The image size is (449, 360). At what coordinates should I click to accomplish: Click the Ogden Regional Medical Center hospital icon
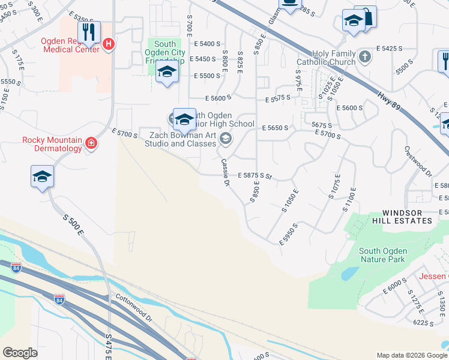pyautogui.click(x=109, y=44)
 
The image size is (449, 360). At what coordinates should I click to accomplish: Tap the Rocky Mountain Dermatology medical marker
pyautogui.click(x=91, y=143)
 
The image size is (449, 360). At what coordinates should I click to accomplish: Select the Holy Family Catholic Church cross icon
pyautogui.click(x=365, y=57)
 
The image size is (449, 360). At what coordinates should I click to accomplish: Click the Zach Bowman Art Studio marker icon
pyautogui.click(x=226, y=139)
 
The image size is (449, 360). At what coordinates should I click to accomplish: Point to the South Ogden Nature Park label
pyautogui.click(x=383, y=255)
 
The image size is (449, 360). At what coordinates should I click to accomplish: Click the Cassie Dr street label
pyautogui.click(x=226, y=172)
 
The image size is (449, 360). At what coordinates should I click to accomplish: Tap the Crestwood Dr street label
pyautogui.click(x=418, y=161)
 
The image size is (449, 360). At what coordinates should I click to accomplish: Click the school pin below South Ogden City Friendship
pyautogui.click(x=166, y=73)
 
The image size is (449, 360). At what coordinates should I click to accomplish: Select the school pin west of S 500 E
pyautogui.click(x=43, y=176)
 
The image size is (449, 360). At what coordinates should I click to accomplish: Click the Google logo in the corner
pyautogui.click(x=20, y=353)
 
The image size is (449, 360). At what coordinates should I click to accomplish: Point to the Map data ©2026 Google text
pyautogui.click(x=412, y=355)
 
